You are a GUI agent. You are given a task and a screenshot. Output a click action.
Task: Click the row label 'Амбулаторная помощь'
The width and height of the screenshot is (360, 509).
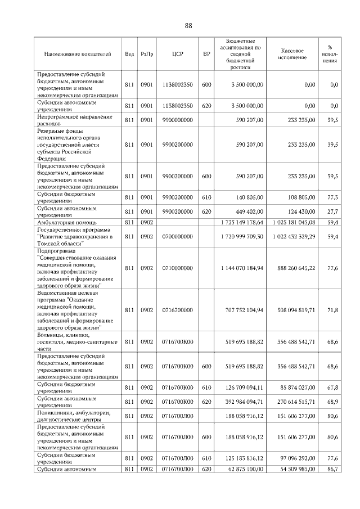click(64, 223)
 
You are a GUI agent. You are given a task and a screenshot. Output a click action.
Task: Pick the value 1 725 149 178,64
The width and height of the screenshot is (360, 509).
click(240, 223)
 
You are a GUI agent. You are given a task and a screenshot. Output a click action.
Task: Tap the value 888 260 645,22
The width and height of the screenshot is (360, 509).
click(291, 268)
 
